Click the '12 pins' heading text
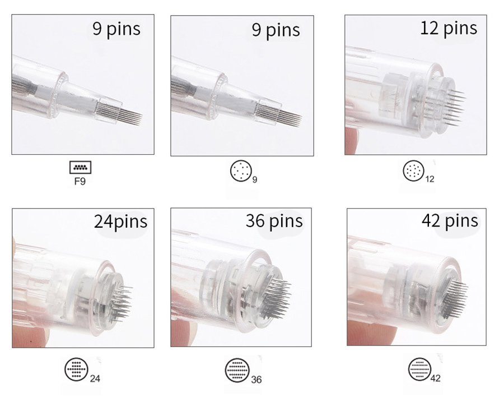point(449,29)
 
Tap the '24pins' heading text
point(120,221)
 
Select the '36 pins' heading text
point(274,220)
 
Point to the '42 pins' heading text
point(450,220)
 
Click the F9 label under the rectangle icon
point(80,181)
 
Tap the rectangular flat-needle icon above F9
point(80,168)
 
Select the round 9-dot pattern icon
point(241,170)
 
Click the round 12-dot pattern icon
point(413,170)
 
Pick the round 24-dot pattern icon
point(76,370)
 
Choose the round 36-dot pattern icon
point(237,370)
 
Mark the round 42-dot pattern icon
point(420,369)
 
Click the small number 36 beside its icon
point(256,380)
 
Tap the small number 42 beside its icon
point(435,378)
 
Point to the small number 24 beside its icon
point(95,378)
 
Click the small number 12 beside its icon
point(430,179)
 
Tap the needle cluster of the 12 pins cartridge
point(454,108)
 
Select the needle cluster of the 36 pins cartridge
point(276,298)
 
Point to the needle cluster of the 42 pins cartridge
point(455,298)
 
